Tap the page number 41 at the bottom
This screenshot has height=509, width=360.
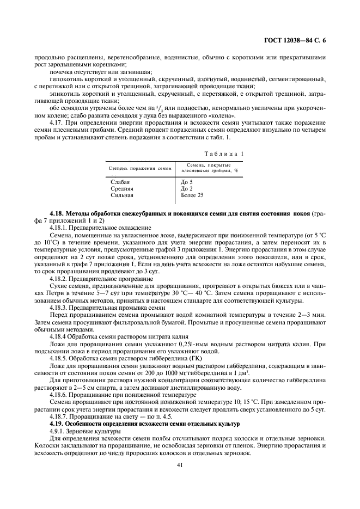click(x=179, y=464)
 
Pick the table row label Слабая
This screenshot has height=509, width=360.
click(x=120, y=182)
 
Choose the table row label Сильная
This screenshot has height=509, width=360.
click(x=122, y=194)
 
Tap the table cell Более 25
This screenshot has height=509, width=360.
click(x=191, y=194)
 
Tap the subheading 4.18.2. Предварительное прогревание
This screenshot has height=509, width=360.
click(x=101, y=279)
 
